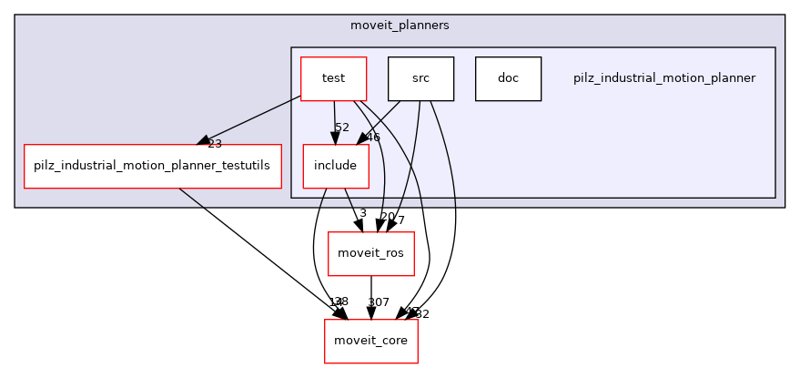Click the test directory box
point(333,78)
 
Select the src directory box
point(420,78)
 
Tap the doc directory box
point(508,78)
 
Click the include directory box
point(335,166)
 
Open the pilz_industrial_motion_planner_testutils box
point(152,166)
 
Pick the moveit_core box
point(371,341)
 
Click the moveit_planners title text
point(399,25)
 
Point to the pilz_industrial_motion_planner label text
point(664,78)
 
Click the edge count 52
point(342,128)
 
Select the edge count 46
point(372,138)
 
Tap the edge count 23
point(215,143)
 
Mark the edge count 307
point(378,302)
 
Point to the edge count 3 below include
point(362,214)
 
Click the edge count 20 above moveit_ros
point(387,217)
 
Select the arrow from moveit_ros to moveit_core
point(371,296)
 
